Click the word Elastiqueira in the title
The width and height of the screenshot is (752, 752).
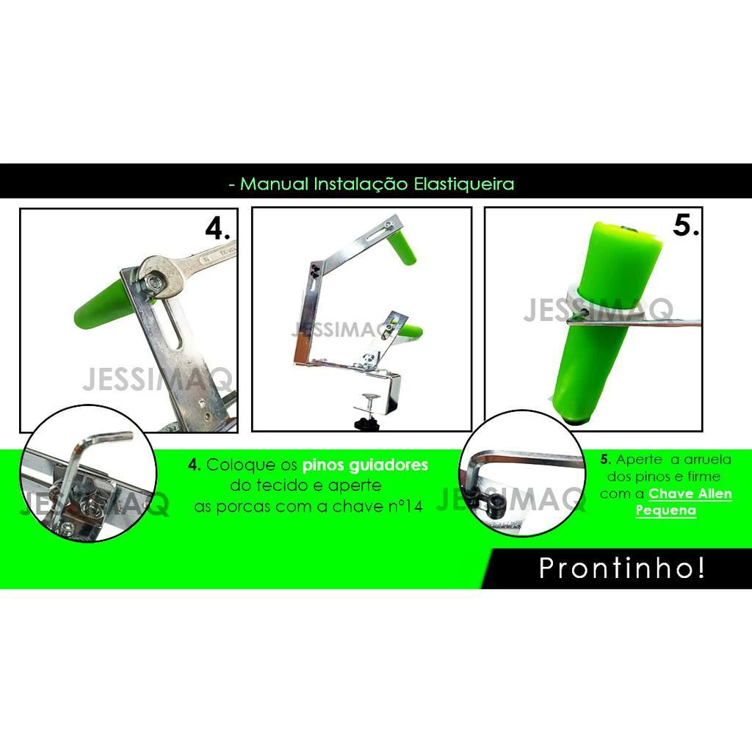click(x=464, y=184)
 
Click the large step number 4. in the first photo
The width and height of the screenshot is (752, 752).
click(x=217, y=228)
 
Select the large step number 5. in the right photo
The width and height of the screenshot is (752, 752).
click(x=685, y=225)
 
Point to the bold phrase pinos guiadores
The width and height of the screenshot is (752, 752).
click(x=365, y=465)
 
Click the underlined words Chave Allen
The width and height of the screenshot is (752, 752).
click(x=690, y=493)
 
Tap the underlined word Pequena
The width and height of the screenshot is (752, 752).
click(x=665, y=510)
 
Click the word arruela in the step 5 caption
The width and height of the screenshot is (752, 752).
click(x=707, y=460)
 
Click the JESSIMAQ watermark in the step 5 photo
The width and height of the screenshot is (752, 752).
click(x=598, y=310)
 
